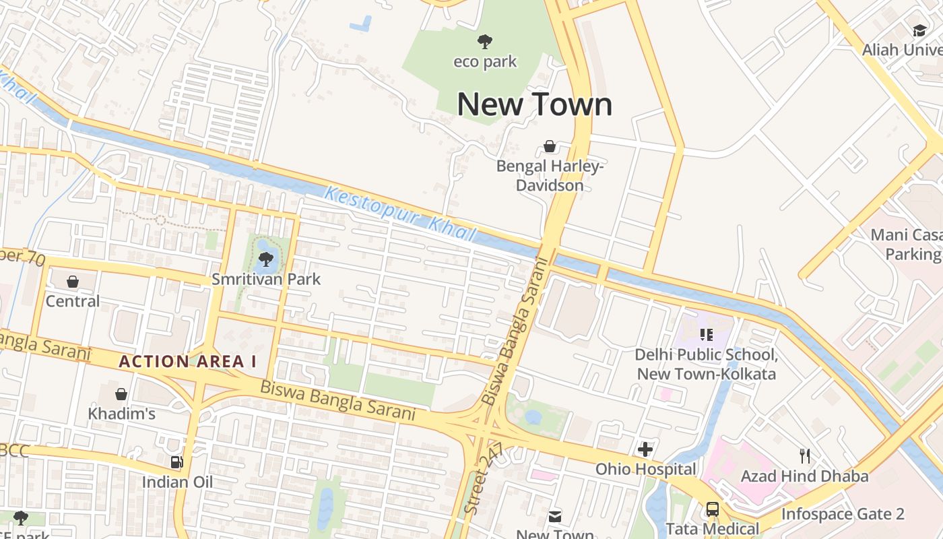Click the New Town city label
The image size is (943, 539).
pyautogui.click(x=535, y=104)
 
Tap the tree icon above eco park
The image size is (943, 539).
pyautogui.click(x=484, y=42)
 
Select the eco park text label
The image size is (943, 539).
pyautogui.click(x=485, y=62)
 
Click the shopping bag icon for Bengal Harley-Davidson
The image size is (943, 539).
pyautogui.click(x=550, y=146)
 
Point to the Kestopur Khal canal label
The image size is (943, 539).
pyautogui.click(x=400, y=215)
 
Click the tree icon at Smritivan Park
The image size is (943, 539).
pyautogui.click(x=266, y=259)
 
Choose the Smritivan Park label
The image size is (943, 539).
pyautogui.click(x=266, y=279)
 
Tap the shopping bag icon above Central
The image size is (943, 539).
pyautogui.click(x=73, y=282)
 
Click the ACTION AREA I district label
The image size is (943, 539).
pyautogui.click(x=188, y=362)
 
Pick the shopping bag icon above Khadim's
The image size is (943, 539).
pyautogui.click(x=121, y=394)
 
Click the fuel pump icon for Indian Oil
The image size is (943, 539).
pyautogui.click(x=176, y=462)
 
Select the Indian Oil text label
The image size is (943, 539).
pyautogui.click(x=177, y=482)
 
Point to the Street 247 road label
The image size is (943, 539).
pyautogui.click(x=483, y=480)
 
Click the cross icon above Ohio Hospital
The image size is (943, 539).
pyautogui.click(x=645, y=449)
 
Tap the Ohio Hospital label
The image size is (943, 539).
pyautogui.click(x=645, y=469)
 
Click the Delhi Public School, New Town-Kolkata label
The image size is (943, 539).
pyautogui.click(x=707, y=364)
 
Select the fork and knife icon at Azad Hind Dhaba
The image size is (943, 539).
pyautogui.click(x=804, y=456)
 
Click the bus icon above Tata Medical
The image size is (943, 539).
pyautogui.click(x=713, y=509)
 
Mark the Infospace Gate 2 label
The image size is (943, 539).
pyautogui.click(x=843, y=515)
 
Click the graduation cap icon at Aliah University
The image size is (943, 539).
pyautogui.click(x=919, y=30)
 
